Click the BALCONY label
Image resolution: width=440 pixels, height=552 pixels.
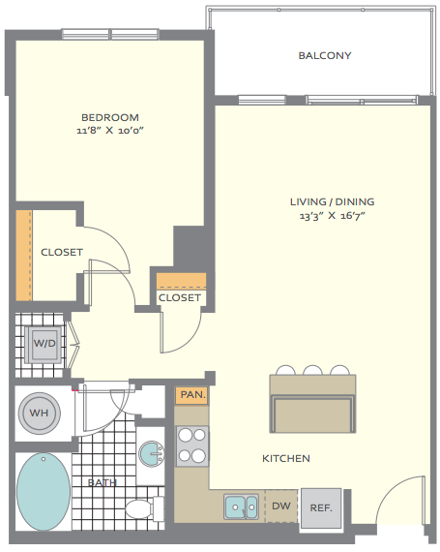[325, 55]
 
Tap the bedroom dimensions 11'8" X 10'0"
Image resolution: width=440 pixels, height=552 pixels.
[110, 131]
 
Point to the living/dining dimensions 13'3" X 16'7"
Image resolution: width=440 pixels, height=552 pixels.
[332, 215]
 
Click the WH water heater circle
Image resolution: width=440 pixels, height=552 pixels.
[39, 413]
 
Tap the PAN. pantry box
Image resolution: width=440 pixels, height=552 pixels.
[191, 395]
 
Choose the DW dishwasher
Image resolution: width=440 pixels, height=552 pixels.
[281, 506]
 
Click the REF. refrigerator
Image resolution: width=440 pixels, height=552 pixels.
[321, 507]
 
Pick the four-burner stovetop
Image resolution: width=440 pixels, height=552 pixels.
[191, 445]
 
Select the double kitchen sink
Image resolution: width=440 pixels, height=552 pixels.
[241, 506]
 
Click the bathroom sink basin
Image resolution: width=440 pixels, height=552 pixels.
[151, 454]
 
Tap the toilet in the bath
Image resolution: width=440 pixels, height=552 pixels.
[145, 508]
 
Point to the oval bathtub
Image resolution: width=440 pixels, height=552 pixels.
[44, 491]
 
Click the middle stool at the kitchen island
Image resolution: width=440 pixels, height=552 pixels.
[312, 370]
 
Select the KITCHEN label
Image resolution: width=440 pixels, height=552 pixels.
[286, 458]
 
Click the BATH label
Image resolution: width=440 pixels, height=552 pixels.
[103, 482]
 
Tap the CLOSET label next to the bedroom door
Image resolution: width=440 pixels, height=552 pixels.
[62, 252]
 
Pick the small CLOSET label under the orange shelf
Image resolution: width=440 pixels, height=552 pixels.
[180, 298]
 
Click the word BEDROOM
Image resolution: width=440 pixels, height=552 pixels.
[110, 117]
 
